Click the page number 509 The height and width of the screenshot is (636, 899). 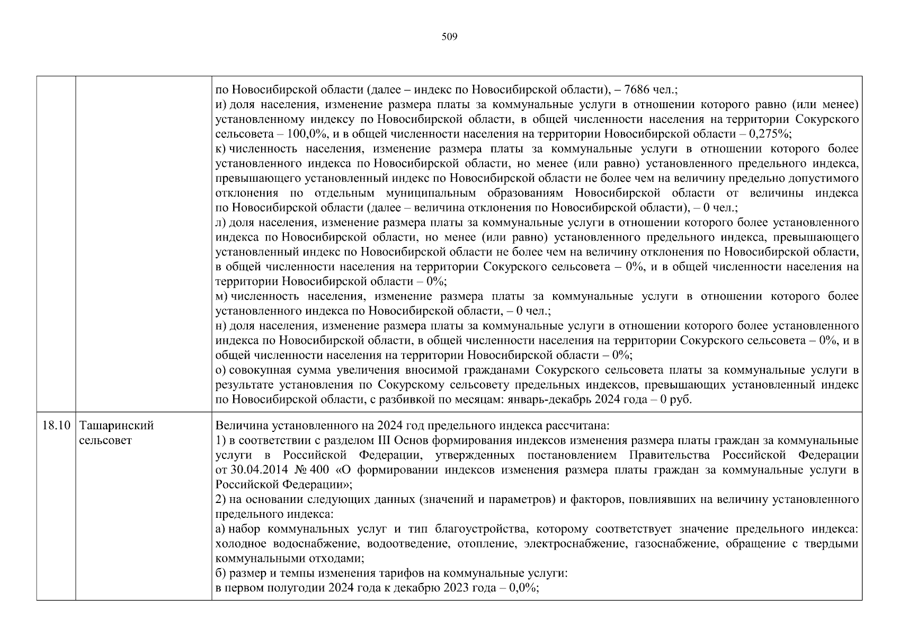(449, 37)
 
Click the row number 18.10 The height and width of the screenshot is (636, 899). (56, 426)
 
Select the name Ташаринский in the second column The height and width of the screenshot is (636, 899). (116, 426)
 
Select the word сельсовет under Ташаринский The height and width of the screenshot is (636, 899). (104, 440)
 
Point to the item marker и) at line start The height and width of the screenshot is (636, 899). (221, 104)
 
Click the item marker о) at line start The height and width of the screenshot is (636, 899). (221, 370)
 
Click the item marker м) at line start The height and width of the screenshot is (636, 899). (222, 296)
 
